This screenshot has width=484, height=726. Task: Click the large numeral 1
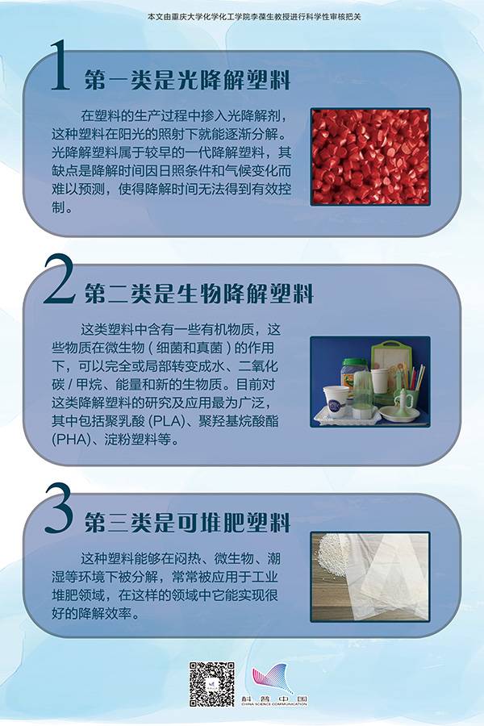[60, 65]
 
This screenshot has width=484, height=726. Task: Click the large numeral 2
[60, 279]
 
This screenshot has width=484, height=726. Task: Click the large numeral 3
[59, 508]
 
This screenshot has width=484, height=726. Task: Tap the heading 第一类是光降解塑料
[187, 81]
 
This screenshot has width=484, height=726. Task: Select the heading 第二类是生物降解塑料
[198, 294]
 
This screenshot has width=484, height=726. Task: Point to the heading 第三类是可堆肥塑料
[187, 523]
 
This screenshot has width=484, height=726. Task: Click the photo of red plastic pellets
[370, 156]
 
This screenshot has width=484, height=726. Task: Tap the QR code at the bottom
[211, 684]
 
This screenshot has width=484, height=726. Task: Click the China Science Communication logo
[274, 684]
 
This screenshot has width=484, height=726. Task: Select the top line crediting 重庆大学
[254, 17]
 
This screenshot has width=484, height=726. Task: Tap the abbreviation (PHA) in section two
[70, 440]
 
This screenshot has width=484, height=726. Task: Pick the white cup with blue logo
[336, 402]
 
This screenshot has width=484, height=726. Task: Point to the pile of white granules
[330, 556]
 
